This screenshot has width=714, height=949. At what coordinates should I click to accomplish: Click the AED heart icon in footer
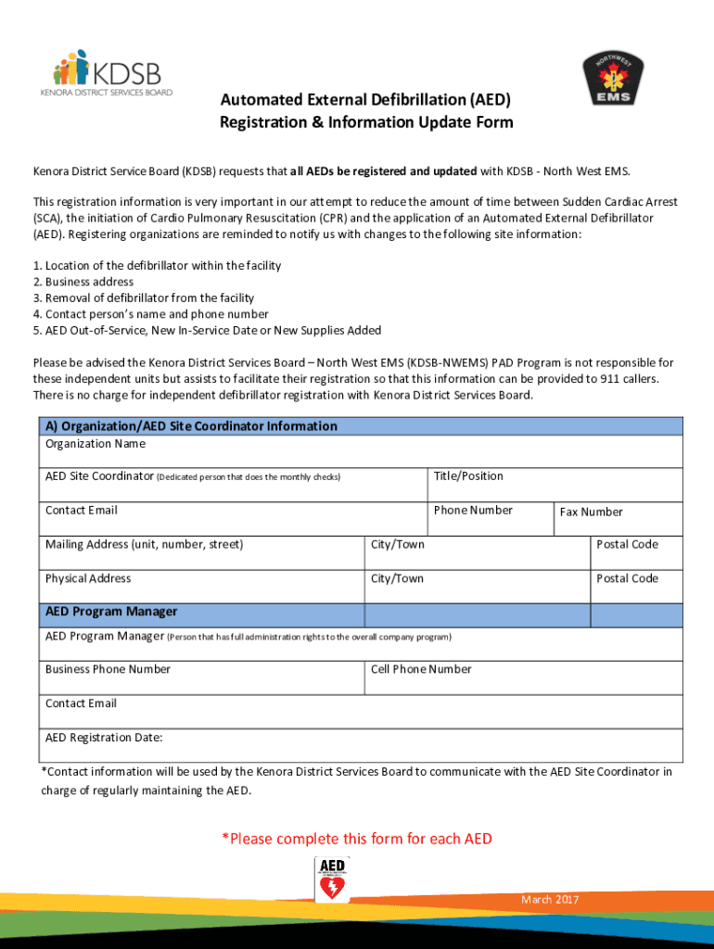(x=331, y=879)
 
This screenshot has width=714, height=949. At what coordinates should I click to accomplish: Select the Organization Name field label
(x=96, y=444)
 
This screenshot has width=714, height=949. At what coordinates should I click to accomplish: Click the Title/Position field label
(x=468, y=476)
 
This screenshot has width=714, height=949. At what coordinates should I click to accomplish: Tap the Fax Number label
(x=591, y=512)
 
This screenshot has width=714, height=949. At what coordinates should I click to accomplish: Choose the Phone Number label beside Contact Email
(x=473, y=511)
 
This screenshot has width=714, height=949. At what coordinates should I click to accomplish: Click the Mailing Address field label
(x=144, y=545)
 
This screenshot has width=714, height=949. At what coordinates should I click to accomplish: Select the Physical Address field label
(x=88, y=579)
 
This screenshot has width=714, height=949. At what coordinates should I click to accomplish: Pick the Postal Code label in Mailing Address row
(x=627, y=545)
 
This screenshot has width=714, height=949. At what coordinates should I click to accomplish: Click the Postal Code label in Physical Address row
(x=627, y=579)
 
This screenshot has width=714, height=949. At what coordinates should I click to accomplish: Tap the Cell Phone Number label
(x=421, y=669)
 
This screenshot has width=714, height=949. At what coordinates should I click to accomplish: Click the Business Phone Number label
(x=108, y=669)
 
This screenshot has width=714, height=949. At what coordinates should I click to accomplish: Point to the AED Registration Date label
(x=104, y=738)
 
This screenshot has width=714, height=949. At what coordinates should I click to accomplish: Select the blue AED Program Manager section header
(x=111, y=613)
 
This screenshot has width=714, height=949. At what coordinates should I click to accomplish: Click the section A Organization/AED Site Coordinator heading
(x=191, y=426)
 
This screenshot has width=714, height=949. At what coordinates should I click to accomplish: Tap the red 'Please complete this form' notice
(x=357, y=839)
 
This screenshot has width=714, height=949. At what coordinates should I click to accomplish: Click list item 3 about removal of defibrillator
(x=143, y=297)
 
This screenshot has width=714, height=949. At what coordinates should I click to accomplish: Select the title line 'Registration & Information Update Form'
(x=365, y=123)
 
